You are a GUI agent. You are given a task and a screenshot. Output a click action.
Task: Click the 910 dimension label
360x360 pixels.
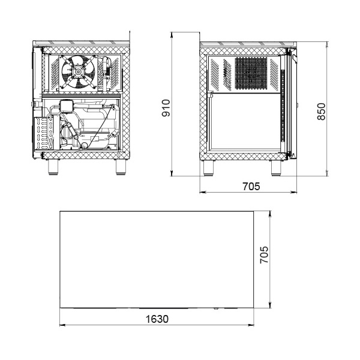pos(166,108)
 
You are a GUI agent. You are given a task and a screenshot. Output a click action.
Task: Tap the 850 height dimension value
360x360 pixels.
pos(322,112)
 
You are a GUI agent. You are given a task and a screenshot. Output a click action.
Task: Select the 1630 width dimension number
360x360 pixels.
pos(157,319)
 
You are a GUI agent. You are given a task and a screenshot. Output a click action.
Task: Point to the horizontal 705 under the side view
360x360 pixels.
pos(251,187)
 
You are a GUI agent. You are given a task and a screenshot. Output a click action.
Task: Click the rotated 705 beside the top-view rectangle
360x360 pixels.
pos(264,255)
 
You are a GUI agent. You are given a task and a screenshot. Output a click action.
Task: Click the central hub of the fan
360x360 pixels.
pos(78,72)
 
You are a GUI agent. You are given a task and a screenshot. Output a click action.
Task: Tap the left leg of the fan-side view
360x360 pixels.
pos(53,167)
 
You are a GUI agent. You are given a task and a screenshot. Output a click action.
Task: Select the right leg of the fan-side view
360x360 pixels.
pos(121,167)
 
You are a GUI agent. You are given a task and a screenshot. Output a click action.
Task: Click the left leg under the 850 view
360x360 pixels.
pos(209,168)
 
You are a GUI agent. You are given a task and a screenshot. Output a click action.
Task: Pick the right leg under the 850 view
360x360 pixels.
pos(276,168)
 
